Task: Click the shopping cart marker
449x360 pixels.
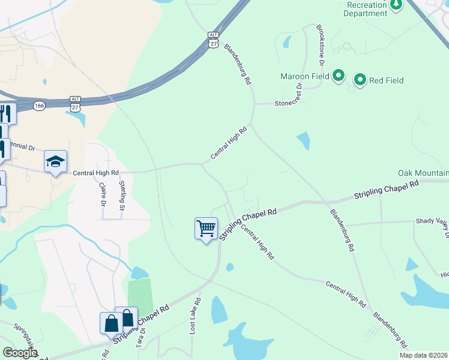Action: coord(206,229)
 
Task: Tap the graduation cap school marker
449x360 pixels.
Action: coord(55,161)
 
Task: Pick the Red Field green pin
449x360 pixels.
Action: coord(360,80)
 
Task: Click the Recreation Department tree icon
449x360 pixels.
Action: coord(396,5)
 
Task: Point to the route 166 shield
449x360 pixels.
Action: coord(40,105)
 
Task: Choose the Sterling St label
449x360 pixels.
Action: coord(121,195)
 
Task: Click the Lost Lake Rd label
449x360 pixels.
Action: coord(194,315)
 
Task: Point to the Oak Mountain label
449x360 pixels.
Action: coord(423,173)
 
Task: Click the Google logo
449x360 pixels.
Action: coord(20,353)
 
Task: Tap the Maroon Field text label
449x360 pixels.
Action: coord(305,76)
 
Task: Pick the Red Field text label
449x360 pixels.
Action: coord(386,80)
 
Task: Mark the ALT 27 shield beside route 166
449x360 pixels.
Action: coord(75,104)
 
